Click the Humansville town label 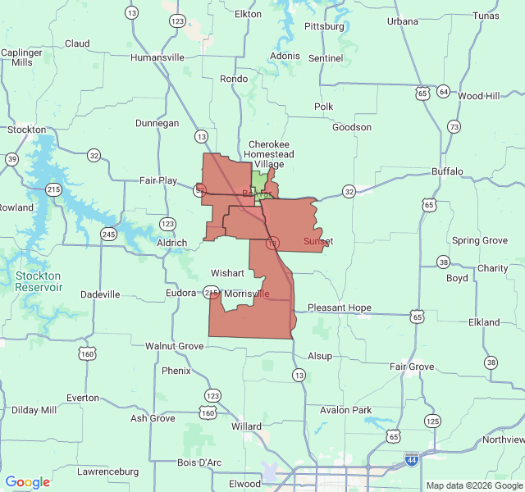click(157, 57)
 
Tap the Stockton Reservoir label click(39, 281)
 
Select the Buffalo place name click(447, 171)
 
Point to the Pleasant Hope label click(339, 308)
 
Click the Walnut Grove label click(174, 346)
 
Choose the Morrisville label click(246, 294)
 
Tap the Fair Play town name click(158, 180)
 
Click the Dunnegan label click(157, 123)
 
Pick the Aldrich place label click(171, 244)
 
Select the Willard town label click(247, 426)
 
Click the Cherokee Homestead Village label click(271, 154)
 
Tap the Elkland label click(484, 322)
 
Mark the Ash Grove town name click(153, 418)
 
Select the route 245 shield click(108, 235)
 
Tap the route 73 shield click(454, 126)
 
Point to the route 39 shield click(11, 159)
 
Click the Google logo click(28, 482)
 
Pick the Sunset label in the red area click(317, 241)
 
